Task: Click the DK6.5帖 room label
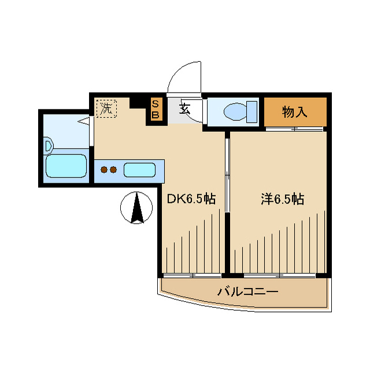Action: pos(191,199)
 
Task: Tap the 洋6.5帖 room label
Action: pos(283,199)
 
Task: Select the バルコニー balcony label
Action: pos(247,292)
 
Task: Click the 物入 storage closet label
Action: pos(295,112)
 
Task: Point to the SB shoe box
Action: pos(156,109)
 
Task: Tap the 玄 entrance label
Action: pos(184,109)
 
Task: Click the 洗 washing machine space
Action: pos(106,109)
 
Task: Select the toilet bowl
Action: pos(235,112)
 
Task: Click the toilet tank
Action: pos(252,112)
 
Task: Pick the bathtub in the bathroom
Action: pos(66,166)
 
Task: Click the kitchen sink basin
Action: pos(139,170)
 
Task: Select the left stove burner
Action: pos(104,169)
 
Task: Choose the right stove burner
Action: pos(113,169)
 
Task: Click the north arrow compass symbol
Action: pos(136,208)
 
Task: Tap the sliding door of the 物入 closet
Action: pos(294,129)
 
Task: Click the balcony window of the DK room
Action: pos(193,275)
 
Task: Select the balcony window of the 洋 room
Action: pos(280,275)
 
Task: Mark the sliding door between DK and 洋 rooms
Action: pos(227,175)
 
